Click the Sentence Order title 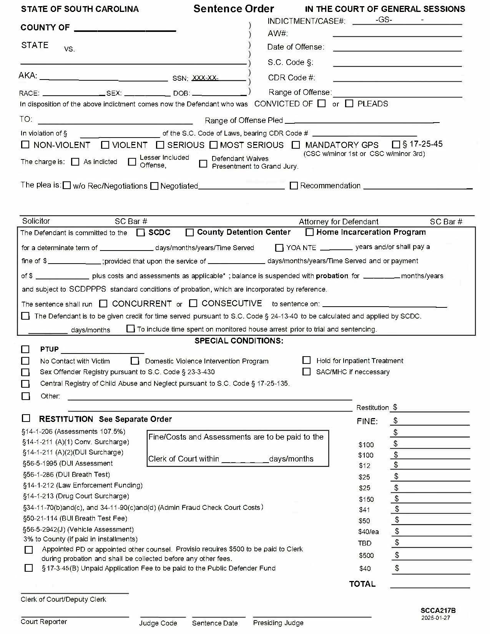(x=233, y=8)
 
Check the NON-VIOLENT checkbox (x=25, y=144)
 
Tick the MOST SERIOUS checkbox (x=213, y=145)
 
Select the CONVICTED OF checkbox (x=322, y=103)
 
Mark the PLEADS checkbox (x=349, y=103)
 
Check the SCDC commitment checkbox (x=141, y=232)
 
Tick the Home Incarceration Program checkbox (x=309, y=232)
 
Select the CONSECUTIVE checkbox (x=193, y=303)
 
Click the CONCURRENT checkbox (x=103, y=304)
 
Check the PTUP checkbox (x=25, y=349)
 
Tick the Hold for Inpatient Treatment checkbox (x=306, y=360)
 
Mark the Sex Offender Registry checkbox (x=25, y=372)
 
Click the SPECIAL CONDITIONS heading (x=239, y=340)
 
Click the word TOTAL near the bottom (x=362, y=584)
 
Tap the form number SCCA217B (x=438, y=610)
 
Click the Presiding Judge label (x=278, y=622)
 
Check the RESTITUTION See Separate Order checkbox (x=26, y=418)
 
